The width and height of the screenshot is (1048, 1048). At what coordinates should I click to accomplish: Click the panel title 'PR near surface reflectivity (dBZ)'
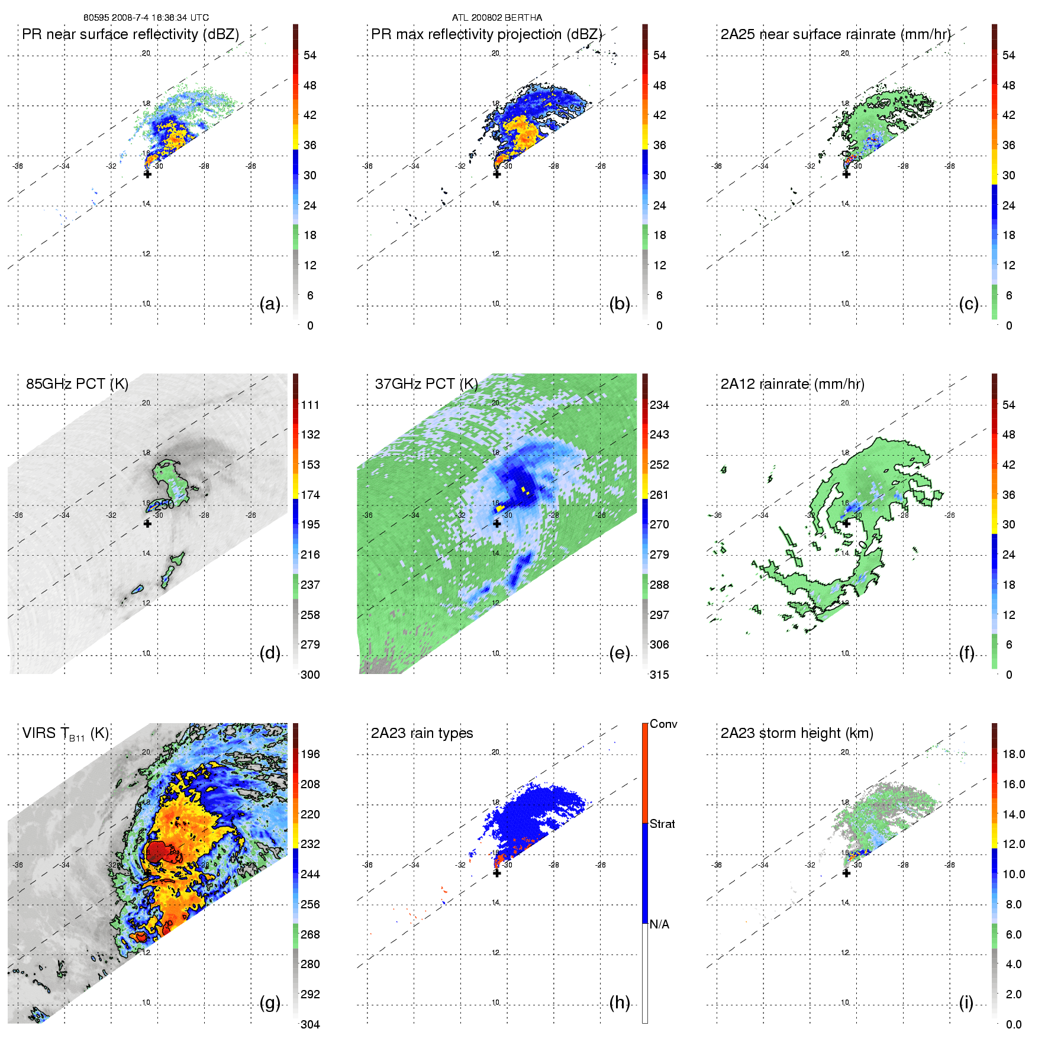tap(130, 34)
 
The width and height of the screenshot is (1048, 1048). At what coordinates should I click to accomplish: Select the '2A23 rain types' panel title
tap(422, 733)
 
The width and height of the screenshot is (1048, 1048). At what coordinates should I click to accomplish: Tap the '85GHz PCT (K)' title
tap(77, 384)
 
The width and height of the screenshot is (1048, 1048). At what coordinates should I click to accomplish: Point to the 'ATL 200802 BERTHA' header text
tap(497, 18)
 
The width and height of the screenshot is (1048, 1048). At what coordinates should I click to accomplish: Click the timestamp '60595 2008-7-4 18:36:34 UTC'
tap(146, 18)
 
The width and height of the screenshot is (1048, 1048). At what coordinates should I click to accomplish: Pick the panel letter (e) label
tap(620, 653)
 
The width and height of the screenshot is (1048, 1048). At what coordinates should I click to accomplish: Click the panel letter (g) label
tap(270, 1002)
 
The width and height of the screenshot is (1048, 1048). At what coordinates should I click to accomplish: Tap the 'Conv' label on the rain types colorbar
tap(663, 724)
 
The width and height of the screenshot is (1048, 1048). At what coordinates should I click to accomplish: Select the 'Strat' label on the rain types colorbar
tap(662, 824)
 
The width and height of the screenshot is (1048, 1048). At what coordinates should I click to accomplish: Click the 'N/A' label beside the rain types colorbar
tap(659, 924)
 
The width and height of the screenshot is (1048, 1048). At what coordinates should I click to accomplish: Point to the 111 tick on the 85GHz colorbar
tap(310, 405)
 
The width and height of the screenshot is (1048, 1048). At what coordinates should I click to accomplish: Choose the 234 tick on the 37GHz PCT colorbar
tap(659, 405)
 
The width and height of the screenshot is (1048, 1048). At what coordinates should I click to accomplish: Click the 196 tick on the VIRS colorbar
tap(310, 754)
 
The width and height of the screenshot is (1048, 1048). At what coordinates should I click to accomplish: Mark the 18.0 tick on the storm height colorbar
tap(1014, 754)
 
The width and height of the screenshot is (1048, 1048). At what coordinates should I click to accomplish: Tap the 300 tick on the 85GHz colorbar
tap(310, 675)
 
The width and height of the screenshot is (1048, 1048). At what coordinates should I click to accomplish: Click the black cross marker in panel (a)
tap(147, 174)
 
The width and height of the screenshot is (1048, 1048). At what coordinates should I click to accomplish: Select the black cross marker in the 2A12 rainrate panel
tap(846, 523)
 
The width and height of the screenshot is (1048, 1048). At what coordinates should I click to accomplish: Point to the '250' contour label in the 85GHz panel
tap(164, 505)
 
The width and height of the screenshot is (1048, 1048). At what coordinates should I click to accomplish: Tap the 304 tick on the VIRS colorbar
tap(310, 1024)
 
